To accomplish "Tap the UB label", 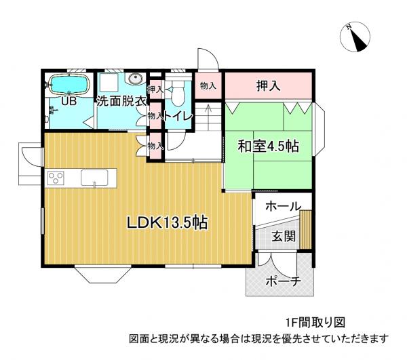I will [68, 102].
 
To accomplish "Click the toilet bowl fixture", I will [180, 91].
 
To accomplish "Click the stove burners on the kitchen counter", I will [54, 178].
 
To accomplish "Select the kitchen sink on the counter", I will [94, 178].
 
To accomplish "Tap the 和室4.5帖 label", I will [269, 146].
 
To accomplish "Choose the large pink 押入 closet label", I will [269, 85].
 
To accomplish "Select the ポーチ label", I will [283, 281].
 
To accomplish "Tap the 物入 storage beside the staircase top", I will [208, 85].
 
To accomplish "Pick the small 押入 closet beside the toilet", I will [155, 88].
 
